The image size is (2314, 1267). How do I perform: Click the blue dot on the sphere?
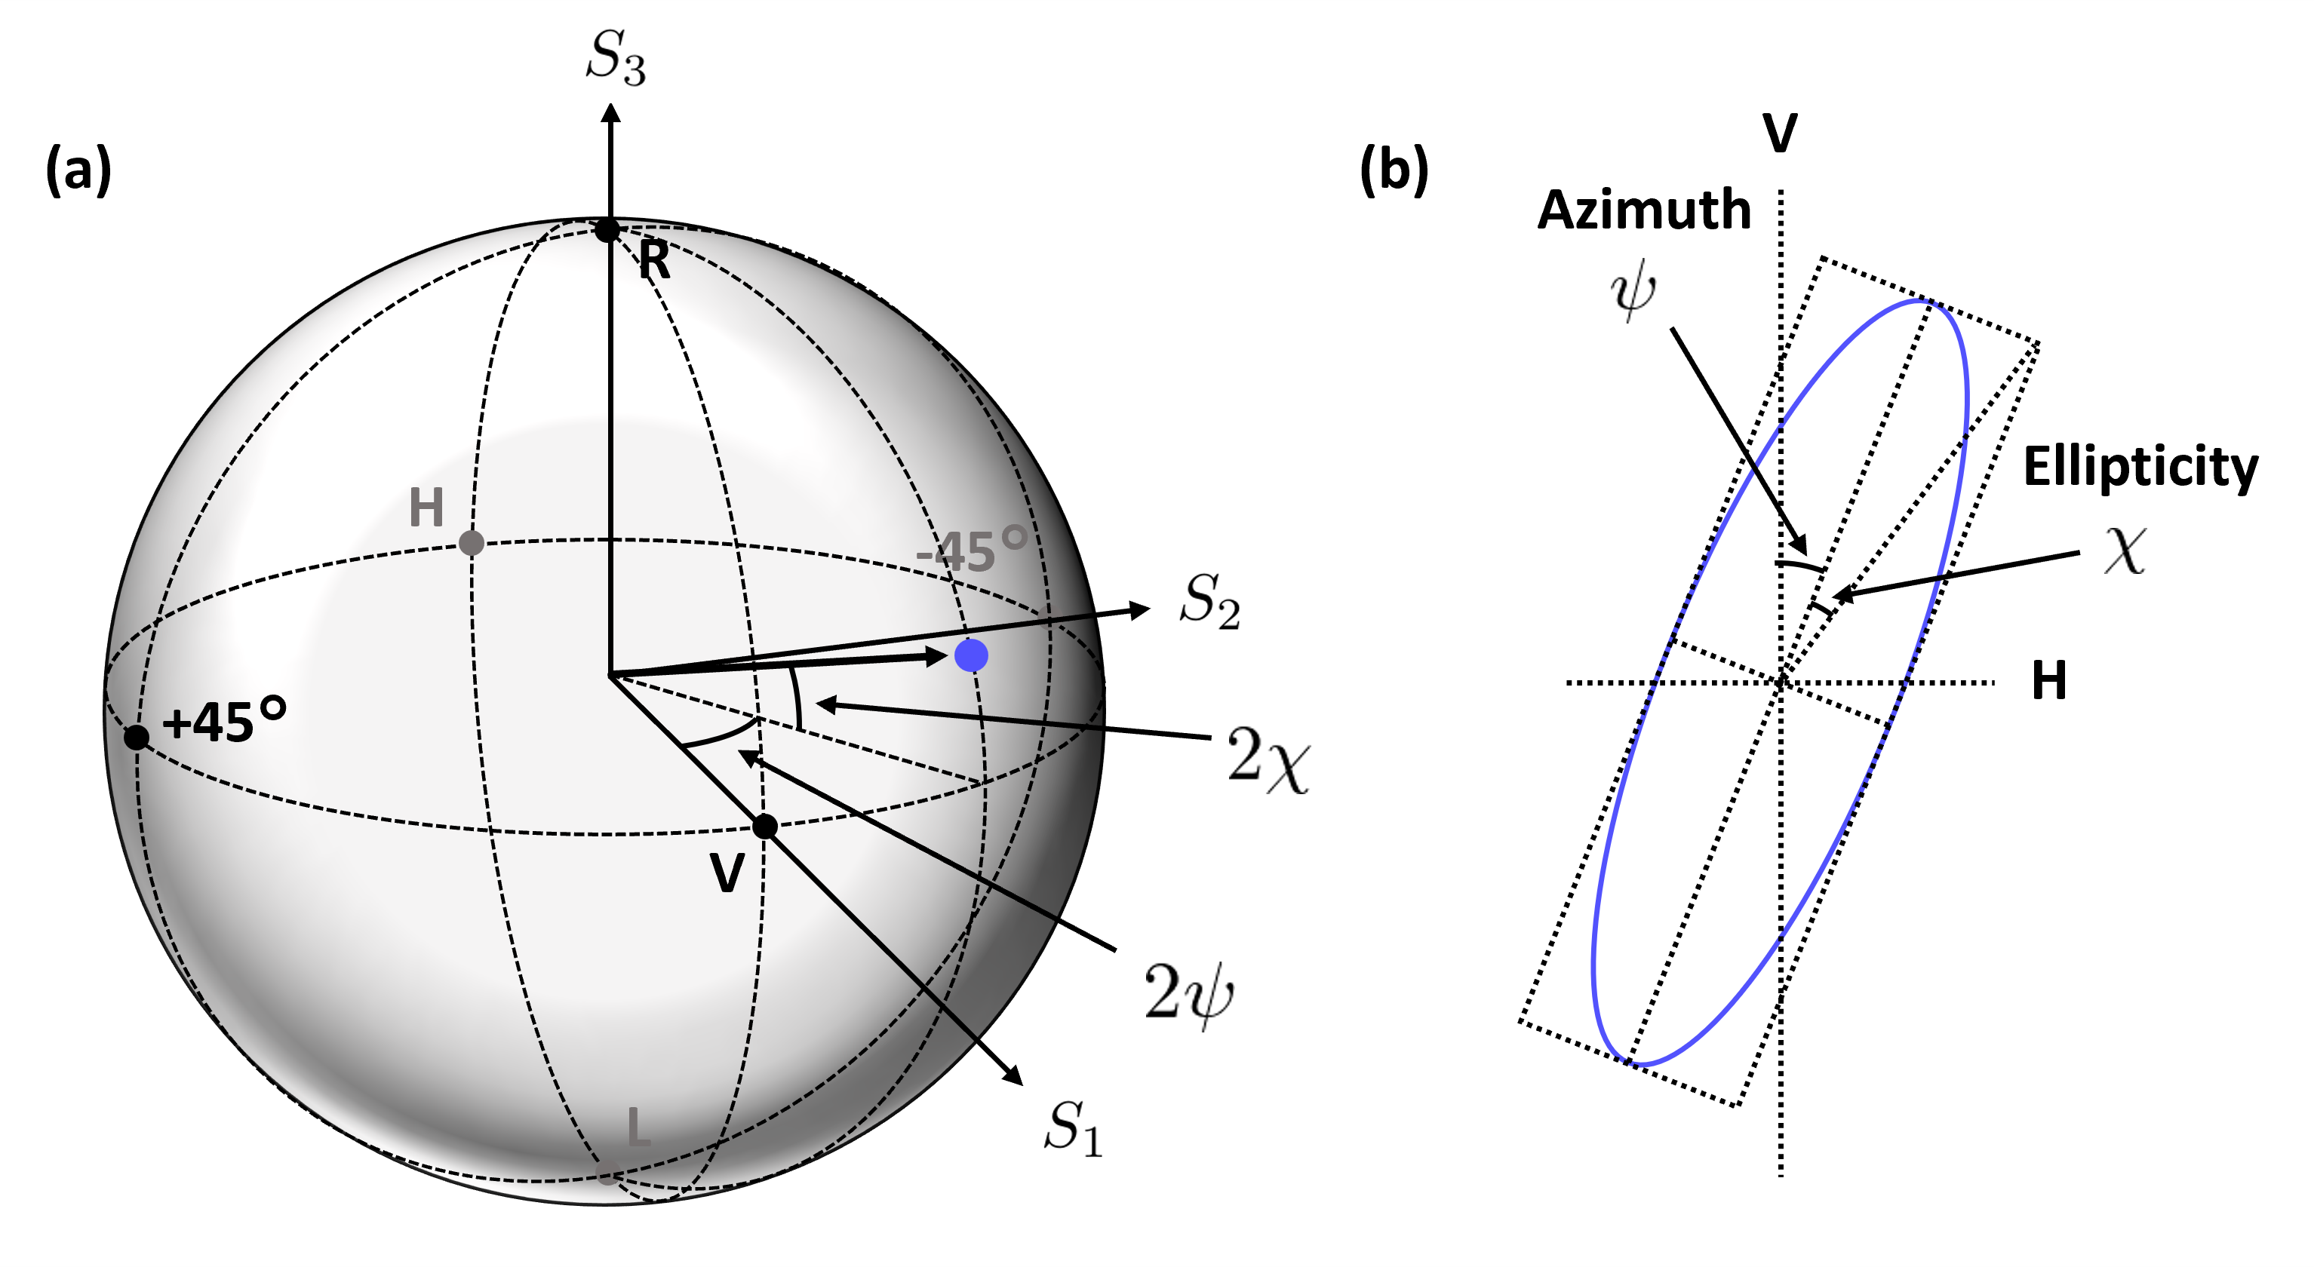[x=971, y=655]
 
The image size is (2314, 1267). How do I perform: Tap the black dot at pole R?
[x=608, y=229]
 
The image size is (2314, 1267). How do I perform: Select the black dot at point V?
[x=764, y=826]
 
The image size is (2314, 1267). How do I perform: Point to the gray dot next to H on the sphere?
[x=472, y=542]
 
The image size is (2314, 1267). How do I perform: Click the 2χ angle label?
[x=1268, y=759]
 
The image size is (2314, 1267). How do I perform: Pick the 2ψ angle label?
[x=1188, y=992]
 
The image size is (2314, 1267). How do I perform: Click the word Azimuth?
[x=1644, y=210]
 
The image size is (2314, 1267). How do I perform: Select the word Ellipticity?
[x=2140, y=467]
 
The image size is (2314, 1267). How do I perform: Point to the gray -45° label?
[x=970, y=551]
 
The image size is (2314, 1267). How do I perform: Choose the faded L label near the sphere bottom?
[x=638, y=1127]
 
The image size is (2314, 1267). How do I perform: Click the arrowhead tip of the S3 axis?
[x=611, y=106]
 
